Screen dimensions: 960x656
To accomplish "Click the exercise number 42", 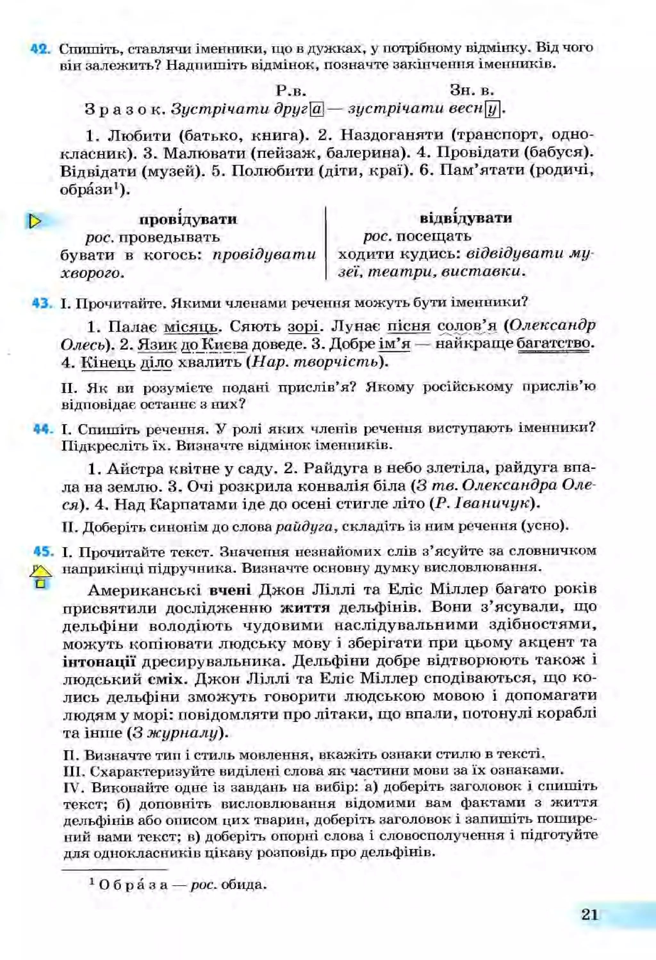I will [40, 49].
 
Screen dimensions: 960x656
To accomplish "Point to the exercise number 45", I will [43, 551].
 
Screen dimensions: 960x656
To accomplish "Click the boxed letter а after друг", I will [316, 110].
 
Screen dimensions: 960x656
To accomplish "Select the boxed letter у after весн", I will [492, 110].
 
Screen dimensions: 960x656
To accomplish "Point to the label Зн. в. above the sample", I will [472, 90].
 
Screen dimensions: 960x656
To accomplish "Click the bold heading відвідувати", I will [465, 218].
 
